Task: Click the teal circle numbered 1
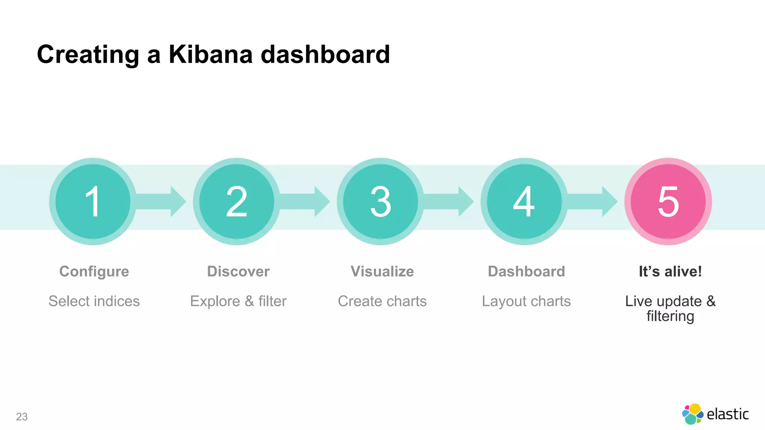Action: [x=93, y=202]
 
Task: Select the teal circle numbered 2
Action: [x=237, y=202]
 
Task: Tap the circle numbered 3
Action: [x=381, y=202]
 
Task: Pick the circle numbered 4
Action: [x=524, y=202]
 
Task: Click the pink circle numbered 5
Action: [x=668, y=202]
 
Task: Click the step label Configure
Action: [x=94, y=272]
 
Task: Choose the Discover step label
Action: [x=238, y=272]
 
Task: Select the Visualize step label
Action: [x=382, y=272]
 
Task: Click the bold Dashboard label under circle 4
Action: [x=526, y=272]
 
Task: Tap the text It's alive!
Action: [x=670, y=272]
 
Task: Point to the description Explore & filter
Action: [x=238, y=301]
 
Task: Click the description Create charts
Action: [x=382, y=301]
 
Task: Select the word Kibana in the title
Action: [x=211, y=54]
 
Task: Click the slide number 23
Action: [x=22, y=417]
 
